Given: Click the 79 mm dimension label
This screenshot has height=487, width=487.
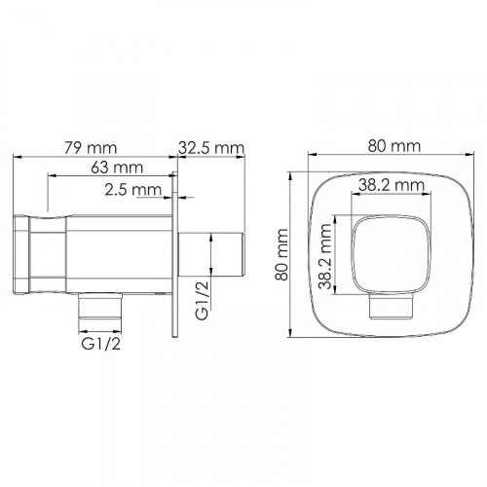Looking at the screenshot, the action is (91, 148).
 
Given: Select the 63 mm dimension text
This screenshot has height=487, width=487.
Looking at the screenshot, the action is (117, 168).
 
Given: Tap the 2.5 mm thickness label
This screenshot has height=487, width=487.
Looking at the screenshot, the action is (133, 190).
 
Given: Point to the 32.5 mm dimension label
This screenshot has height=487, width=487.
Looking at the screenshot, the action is (211, 148).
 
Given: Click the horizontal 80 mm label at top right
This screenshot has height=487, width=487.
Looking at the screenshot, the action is (394, 146).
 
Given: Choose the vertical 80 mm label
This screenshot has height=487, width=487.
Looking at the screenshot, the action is (281, 255).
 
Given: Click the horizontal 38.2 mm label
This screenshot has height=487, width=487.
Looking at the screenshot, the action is (392, 185).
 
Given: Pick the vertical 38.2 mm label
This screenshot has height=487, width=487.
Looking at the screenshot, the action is (325, 255).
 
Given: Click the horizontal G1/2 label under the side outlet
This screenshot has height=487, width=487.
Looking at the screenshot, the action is (101, 344).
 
